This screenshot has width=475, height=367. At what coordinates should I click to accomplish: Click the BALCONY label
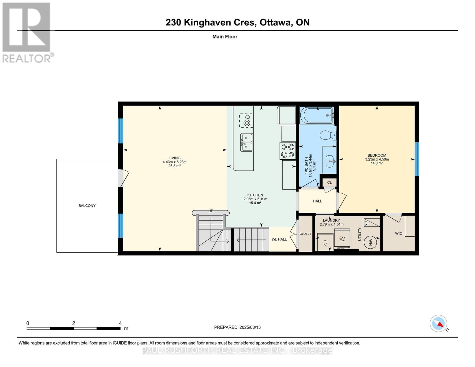click(87, 206)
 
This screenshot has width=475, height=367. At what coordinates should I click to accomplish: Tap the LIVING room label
click(174, 158)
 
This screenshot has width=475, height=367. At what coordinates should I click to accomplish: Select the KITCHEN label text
click(255, 195)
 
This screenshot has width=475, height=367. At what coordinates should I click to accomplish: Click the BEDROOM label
click(377, 155)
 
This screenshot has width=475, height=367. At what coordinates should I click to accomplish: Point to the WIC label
click(399, 233)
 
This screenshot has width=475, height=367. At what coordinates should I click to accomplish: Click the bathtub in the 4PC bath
click(317, 115)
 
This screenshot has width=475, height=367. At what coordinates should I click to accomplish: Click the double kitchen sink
click(247, 143)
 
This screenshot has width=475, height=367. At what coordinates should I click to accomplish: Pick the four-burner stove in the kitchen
click(288, 151)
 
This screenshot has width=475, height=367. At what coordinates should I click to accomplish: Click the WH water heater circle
click(370, 243)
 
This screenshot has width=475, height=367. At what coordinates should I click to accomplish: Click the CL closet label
click(329, 183)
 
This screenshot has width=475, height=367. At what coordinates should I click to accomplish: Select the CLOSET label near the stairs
click(305, 234)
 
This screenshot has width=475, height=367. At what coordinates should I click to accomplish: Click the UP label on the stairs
click(210, 211)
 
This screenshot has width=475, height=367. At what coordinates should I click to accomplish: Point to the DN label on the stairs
click(275, 239)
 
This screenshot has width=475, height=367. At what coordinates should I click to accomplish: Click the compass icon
click(439, 324)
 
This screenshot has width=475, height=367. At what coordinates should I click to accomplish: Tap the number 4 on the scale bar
click(120, 323)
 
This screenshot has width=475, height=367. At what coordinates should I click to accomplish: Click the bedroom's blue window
click(417, 159)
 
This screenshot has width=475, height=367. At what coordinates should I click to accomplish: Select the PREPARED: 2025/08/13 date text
click(237, 327)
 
